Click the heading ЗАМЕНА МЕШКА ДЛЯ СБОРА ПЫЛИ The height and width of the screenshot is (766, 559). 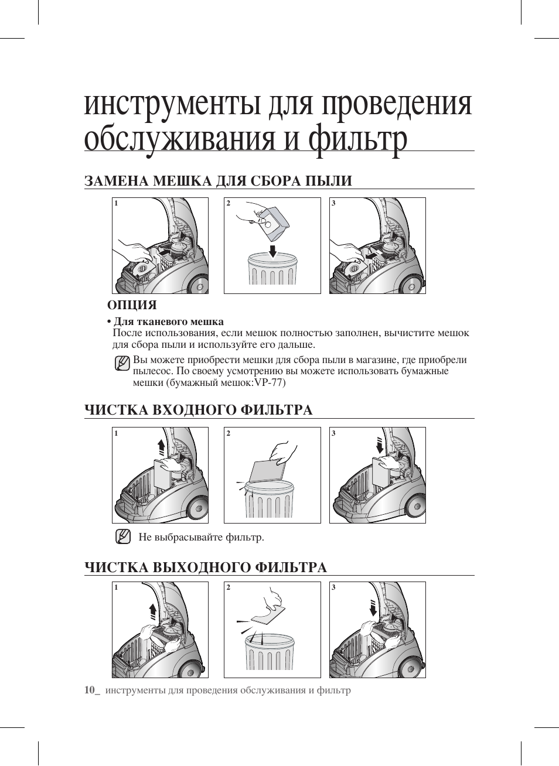[x=218, y=181]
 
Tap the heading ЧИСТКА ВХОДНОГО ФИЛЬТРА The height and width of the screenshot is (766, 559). [x=198, y=410]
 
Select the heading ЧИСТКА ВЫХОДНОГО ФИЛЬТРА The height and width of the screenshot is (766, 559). [x=205, y=567]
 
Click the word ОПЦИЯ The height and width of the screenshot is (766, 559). [x=132, y=305]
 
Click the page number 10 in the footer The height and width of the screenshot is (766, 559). [x=90, y=690]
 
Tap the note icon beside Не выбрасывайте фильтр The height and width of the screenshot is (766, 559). [x=122, y=536]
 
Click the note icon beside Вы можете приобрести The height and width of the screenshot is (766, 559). [x=122, y=363]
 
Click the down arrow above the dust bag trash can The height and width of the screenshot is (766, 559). [x=272, y=251]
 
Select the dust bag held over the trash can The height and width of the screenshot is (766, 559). [x=272, y=223]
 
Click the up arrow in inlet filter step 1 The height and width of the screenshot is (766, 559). [x=162, y=449]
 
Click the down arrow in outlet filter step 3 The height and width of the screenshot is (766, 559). [x=373, y=608]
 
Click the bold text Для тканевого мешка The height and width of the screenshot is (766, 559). [x=168, y=322]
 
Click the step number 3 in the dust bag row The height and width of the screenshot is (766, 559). [x=333, y=203]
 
